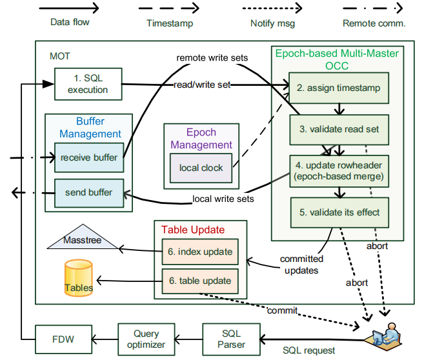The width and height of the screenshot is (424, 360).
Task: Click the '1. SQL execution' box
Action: click(x=88, y=84)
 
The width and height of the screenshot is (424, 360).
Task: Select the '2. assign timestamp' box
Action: click(x=339, y=88)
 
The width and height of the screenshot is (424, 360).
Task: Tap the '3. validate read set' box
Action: click(x=339, y=129)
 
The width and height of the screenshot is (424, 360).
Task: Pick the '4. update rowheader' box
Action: click(x=339, y=170)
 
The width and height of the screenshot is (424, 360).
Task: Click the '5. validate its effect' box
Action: click(x=339, y=211)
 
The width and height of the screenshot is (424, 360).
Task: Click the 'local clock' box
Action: click(x=201, y=168)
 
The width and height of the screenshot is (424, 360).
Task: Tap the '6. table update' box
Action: click(x=199, y=281)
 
